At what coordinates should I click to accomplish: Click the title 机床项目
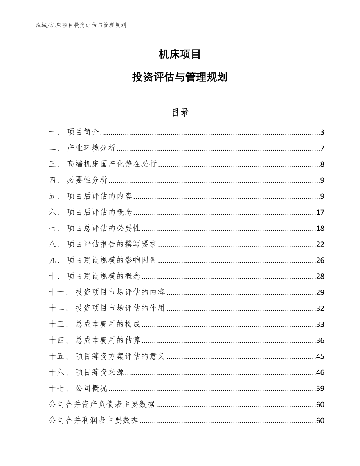[180, 55]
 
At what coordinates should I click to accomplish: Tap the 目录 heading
[180, 113]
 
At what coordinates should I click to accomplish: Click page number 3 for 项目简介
[322, 132]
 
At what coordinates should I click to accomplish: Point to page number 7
[322, 148]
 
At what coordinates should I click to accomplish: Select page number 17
[320, 212]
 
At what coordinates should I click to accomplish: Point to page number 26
[320, 261]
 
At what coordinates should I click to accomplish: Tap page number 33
[320, 325]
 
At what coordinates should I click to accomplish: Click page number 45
[320, 357]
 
